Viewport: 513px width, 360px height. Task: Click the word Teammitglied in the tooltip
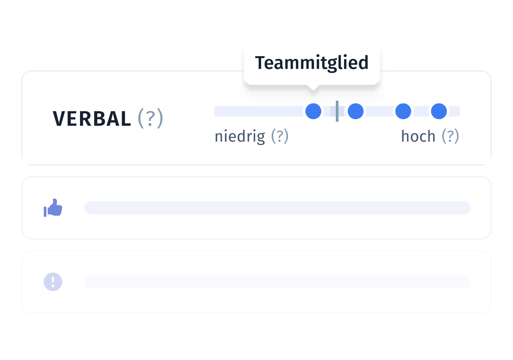coord(312,63)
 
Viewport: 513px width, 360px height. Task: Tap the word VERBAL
coord(92,118)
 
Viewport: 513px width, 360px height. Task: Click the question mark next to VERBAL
coord(150,118)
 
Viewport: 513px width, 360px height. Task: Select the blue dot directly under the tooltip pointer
coord(313,111)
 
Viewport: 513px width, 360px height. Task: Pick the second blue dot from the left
coord(356,111)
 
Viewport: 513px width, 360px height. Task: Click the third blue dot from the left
coord(403,111)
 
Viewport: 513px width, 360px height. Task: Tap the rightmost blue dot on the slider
coord(439,111)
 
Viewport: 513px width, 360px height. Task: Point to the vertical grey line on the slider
coord(337,111)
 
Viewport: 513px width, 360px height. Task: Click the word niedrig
coord(240,137)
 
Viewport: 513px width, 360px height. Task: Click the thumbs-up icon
coord(53,208)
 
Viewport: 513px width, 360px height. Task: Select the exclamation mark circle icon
coord(53,282)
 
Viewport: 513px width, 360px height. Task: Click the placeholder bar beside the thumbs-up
coord(278,208)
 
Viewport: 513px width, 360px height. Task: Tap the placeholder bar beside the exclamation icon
coord(278,282)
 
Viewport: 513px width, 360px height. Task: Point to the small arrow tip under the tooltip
coord(313,90)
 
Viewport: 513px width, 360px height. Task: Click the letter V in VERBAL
coord(59,118)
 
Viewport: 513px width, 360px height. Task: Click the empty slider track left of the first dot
coord(258,111)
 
